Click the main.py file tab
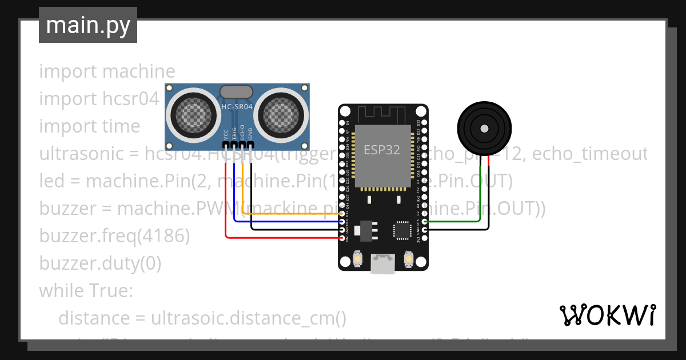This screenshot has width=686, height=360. (x=87, y=25)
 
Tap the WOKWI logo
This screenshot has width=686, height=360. (x=607, y=315)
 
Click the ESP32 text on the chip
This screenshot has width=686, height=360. (x=382, y=149)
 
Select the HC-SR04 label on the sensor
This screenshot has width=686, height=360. (x=237, y=107)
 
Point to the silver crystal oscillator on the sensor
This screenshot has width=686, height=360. (x=236, y=91)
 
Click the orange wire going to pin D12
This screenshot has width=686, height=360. (x=286, y=214)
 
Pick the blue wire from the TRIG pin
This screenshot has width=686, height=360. (x=286, y=222)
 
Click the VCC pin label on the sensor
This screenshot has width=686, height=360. (x=226, y=135)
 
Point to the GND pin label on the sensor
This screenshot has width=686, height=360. (x=250, y=135)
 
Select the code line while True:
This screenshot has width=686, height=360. (x=86, y=290)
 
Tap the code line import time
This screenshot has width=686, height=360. (x=89, y=126)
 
